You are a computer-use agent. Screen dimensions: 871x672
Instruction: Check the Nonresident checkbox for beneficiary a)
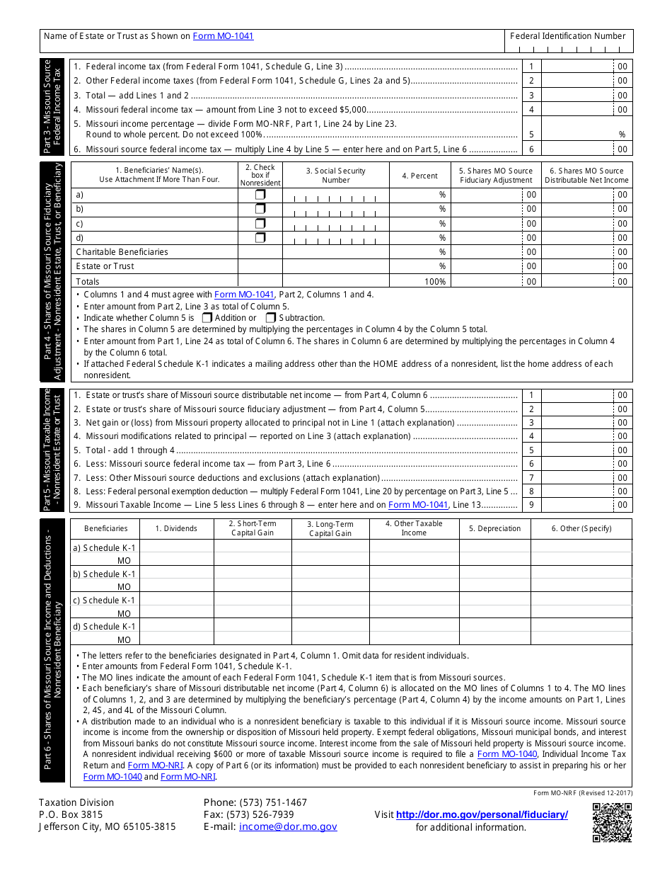click(260, 194)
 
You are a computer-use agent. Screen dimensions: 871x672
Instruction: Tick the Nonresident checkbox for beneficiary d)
click(260, 238)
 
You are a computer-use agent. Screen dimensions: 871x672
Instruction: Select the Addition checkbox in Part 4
click(207, 318)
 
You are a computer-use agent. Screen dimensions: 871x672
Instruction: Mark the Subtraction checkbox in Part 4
click(271, 318)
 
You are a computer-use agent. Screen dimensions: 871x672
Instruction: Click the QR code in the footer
click(611, 822)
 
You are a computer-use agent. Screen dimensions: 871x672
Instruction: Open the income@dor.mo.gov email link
click(288, 826)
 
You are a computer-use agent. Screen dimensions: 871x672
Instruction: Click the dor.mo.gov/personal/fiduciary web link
click(482, 814)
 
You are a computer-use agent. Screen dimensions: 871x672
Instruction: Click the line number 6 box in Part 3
click(531, 149)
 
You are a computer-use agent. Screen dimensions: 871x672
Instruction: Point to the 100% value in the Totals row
click(435, 281)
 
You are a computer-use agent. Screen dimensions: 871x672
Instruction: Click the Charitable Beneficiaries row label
click(122, 252)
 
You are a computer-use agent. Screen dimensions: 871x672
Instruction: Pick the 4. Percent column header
click(419, 176)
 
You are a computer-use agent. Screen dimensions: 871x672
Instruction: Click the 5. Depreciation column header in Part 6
click(495, 528)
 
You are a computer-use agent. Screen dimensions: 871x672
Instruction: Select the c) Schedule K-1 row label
click(105, 600)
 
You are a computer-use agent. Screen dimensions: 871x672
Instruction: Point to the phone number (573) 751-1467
click(255, 802)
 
